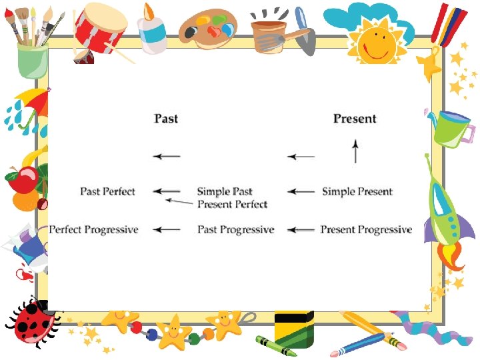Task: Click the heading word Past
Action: (x=166, y=119)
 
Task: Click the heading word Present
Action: (x=355, y=119)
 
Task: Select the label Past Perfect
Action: (x=107, y=191)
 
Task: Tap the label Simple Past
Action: (x=225, y=191)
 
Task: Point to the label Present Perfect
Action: (x=232, y=204)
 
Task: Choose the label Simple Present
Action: (x=357, y=191)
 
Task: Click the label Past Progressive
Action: (x=235, y=229)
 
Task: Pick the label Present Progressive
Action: (x=366, y=229)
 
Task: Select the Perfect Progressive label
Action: (x=94, y=229)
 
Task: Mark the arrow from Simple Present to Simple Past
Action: (x=301, y=191)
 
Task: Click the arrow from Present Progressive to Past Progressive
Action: (x=301, y=229)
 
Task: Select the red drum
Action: (x=100, y=28)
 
